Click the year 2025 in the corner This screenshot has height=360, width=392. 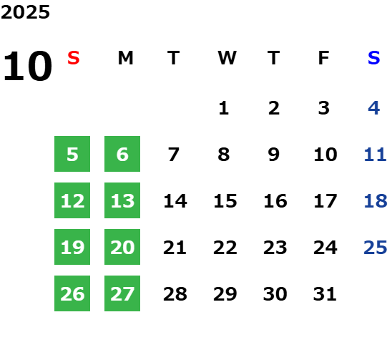[25, 12]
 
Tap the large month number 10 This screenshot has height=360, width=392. [27, 67]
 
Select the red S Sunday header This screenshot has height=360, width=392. [74, 58]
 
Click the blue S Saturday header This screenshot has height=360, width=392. [374, 58]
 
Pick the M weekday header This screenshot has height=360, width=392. [125, 58]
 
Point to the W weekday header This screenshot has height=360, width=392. [227, 58]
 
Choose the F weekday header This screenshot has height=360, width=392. [324, 58]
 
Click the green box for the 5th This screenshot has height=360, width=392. [72, 154]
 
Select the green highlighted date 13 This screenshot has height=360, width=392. [122, 200]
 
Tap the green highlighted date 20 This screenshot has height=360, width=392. [122, 247]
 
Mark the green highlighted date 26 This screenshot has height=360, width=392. [72, 293]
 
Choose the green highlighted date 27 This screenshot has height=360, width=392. [122, 293]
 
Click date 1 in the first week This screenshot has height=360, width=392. [224, 108]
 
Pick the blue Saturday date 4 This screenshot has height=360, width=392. [374, 108]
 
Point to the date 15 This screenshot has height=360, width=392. [225, 201]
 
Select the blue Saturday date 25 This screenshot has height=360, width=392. [376, 248]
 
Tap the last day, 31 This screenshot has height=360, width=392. [325, 294]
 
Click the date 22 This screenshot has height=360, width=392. [225, 248]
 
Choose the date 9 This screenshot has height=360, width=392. [274, 155]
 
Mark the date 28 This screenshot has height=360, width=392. [175, 294]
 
